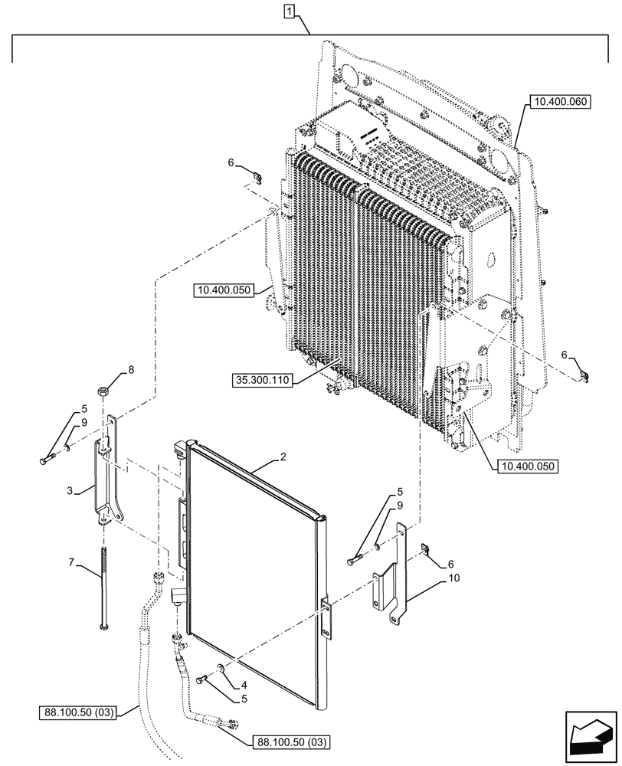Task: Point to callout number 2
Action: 283,457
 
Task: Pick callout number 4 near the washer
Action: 244,684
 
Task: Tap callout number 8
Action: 131,370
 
